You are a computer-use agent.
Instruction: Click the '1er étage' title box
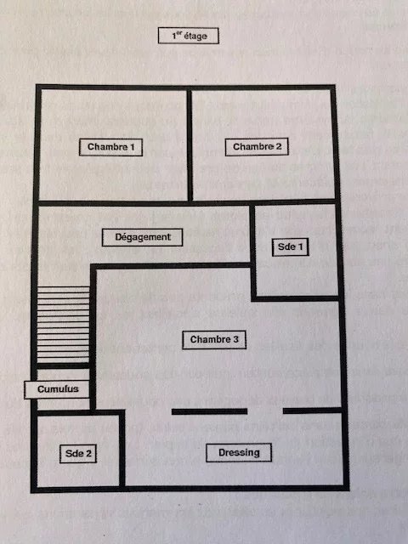pyautogui.click(x=189, y=36)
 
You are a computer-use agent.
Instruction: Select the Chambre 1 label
pyautogui.click(x=110, y=147)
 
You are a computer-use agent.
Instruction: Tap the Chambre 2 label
pyautogui.click(x=257, y=147)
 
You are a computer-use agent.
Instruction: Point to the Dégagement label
pyautogui.click(x=142, y=237)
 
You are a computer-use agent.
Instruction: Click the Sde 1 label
pyautogui.click(x=291, y=247)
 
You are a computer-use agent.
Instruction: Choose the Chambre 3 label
pyautogui.click(x=214, y=340)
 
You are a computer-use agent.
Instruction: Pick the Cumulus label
pyautogui.click(x=57, y=389)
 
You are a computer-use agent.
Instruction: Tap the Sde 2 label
pyautogui.click(x=78, y=454)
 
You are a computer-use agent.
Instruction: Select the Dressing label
pyautogui.click(x=239, y=453)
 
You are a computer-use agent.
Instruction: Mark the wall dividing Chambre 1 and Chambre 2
pyautogui.click(x=190, y=145)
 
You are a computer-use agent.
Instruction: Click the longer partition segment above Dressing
pyautogui.click(x=210, y=411)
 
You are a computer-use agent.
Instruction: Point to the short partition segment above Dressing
pyautogui.click(x=313, y=411)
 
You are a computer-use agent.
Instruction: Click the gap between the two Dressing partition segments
pyautogui.click(x=265, y=411)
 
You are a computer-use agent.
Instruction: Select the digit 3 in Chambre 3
pyautogui.click(x=236, y=339)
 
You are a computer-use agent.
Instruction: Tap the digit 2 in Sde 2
pyautogui.click(x=88, y=453)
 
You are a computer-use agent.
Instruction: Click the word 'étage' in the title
pyautogui.click(x=195, y=37)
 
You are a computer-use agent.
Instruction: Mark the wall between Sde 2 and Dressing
pyautogui.click(x=122, y=450)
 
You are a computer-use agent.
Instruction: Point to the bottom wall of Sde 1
pyautogui.click(x=295, y=298)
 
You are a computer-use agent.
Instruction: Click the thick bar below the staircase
pyautogui.click(x=63, y=365)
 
